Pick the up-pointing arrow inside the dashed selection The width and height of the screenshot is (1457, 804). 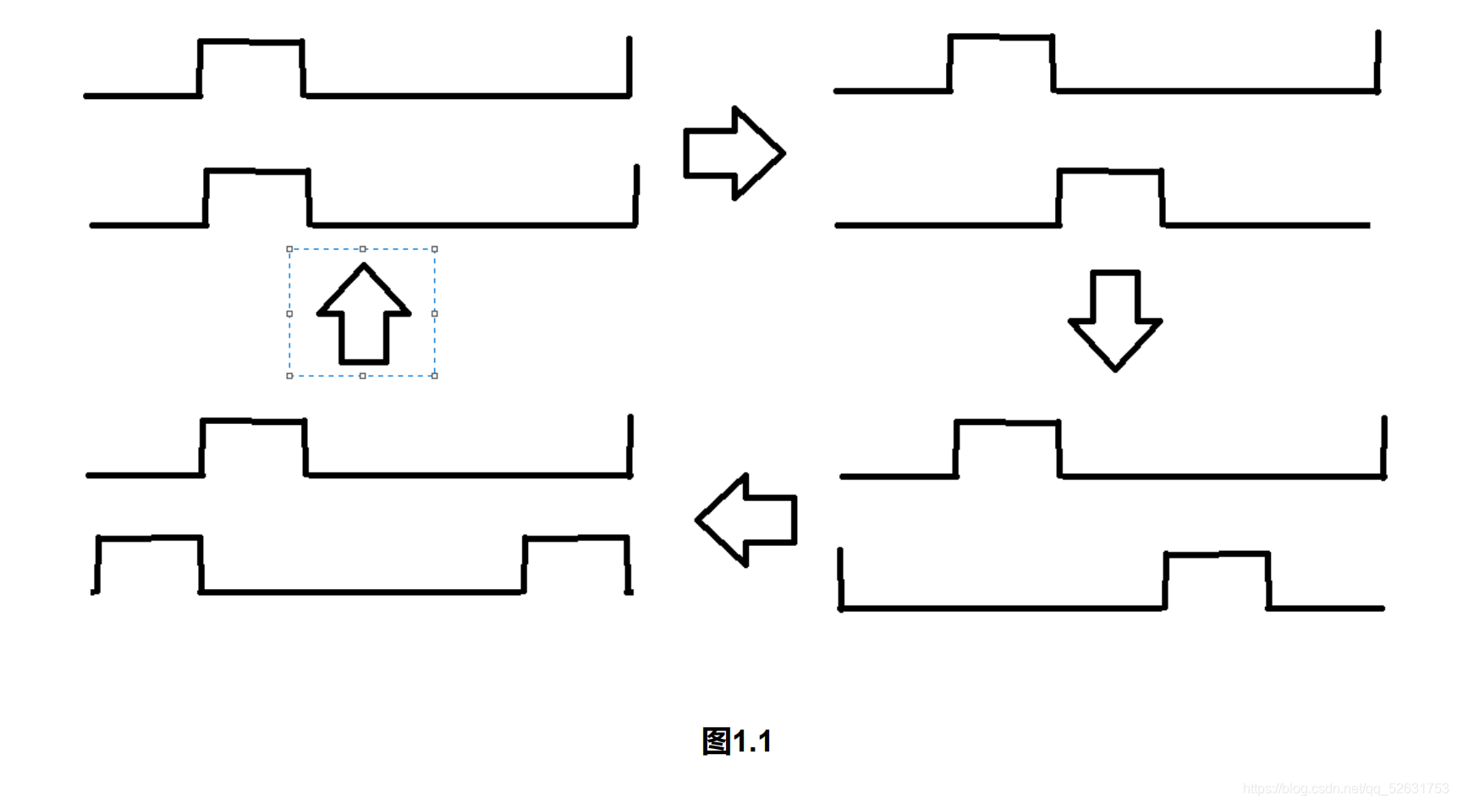(x=364, y=314)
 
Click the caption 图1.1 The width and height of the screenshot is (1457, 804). (x=736, y=741)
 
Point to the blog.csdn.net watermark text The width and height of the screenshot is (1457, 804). (x=1345, y=789)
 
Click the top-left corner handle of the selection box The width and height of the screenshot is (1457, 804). (x=289, y=250)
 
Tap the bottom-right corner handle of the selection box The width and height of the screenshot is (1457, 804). (x=435, y=376)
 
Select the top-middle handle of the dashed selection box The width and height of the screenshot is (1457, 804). (x=362, y=250)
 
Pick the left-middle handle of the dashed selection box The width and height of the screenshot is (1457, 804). (x=289, y=313)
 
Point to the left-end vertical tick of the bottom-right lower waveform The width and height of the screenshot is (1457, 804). (x=840, y=579)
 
